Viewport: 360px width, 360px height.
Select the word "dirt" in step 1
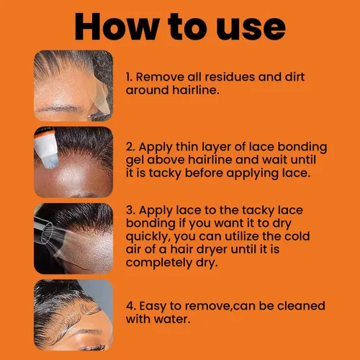click(294, 77)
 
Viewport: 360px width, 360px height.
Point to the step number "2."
click(131, 147)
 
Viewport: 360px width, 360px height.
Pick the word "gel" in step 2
click(135, 161)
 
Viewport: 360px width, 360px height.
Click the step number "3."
click(131, 210)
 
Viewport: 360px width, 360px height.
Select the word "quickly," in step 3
click(148, 237)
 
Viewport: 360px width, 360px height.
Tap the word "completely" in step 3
click(159, 263)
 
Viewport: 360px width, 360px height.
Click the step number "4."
click(131, 306)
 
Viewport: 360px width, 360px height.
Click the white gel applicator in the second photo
click(46, 149)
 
